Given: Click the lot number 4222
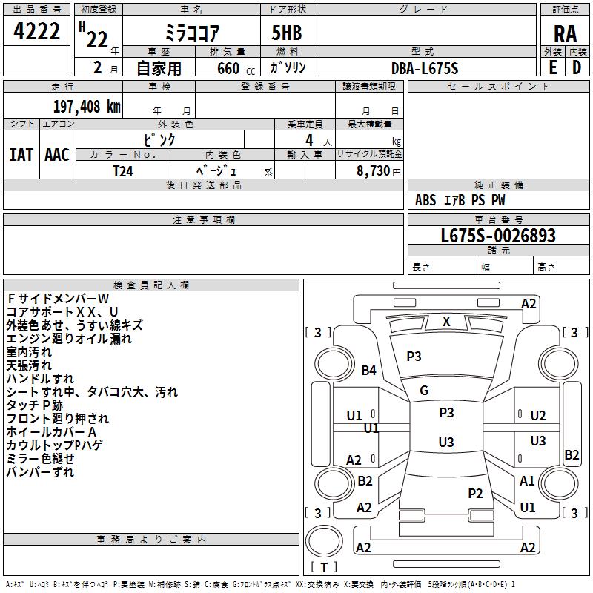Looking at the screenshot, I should tap(37, 32).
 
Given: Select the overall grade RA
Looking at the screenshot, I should tap(565, 34).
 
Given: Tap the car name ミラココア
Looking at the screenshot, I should tap(191, 33).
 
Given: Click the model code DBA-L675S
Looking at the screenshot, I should tap(425, 68).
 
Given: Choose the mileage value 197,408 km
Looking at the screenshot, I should tap(87, 106).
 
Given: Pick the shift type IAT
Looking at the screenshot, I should tap(21, 154).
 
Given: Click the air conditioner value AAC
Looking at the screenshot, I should tap(57, 154).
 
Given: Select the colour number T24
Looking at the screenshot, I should tap(123, 170).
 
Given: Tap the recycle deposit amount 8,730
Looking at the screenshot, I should tap(374, 170).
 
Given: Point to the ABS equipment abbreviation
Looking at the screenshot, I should tap(425, 200).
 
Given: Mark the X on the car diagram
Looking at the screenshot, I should tap(446, 322).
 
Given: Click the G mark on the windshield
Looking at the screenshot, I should tap(424, 391).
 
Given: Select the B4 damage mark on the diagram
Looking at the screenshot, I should tap(369, 370).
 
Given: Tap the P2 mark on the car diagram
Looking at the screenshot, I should tap(475, 493).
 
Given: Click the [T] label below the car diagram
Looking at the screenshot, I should tap(323, 567).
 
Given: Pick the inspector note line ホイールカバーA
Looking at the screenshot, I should tap(51, 432).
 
